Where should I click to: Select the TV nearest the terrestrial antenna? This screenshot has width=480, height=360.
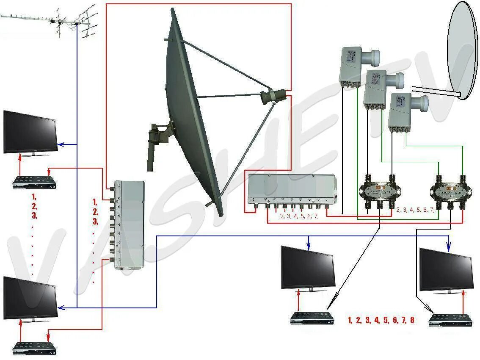coord(30,133)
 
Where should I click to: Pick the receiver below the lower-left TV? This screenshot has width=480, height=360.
coord(34,348)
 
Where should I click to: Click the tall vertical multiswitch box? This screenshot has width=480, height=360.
coord(129,225)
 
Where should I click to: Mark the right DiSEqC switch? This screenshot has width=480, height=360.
coord(450,191)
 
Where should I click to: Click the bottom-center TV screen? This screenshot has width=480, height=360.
coord(308,268)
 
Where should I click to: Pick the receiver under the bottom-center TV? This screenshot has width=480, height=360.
coord(312,318)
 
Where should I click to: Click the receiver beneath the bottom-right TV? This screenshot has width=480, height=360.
coord(450,320)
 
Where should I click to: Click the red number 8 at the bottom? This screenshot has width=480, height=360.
coord(412,321)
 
